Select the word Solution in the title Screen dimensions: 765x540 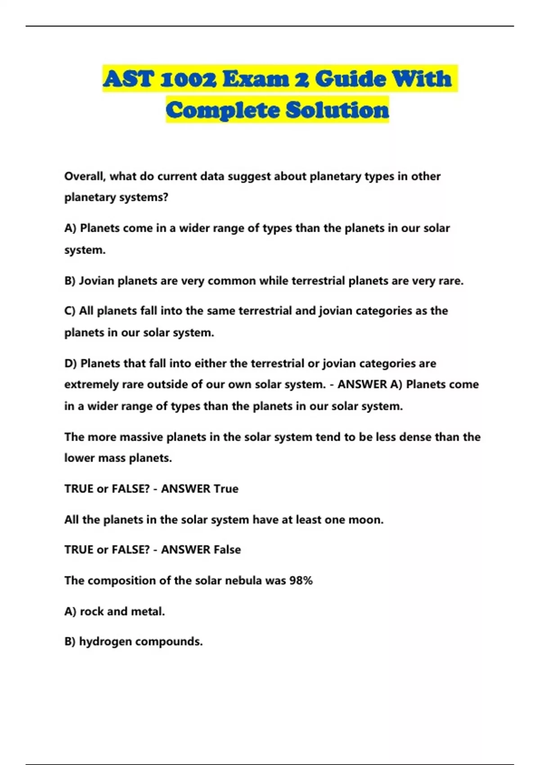click(337, 110)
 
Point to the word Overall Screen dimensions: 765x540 click(85, 176)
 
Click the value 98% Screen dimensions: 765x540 click(301, 580)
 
